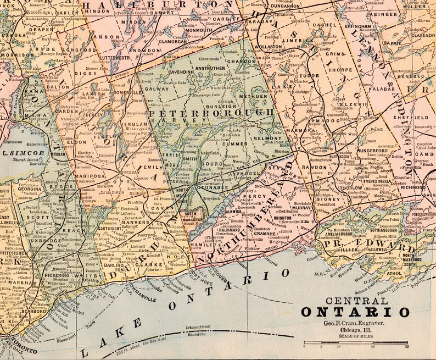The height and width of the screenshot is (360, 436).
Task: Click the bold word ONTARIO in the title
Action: coord(355,312)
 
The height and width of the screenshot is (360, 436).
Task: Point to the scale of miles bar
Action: coord(355,343)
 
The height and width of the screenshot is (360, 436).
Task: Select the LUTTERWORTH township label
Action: coord(115,57)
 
